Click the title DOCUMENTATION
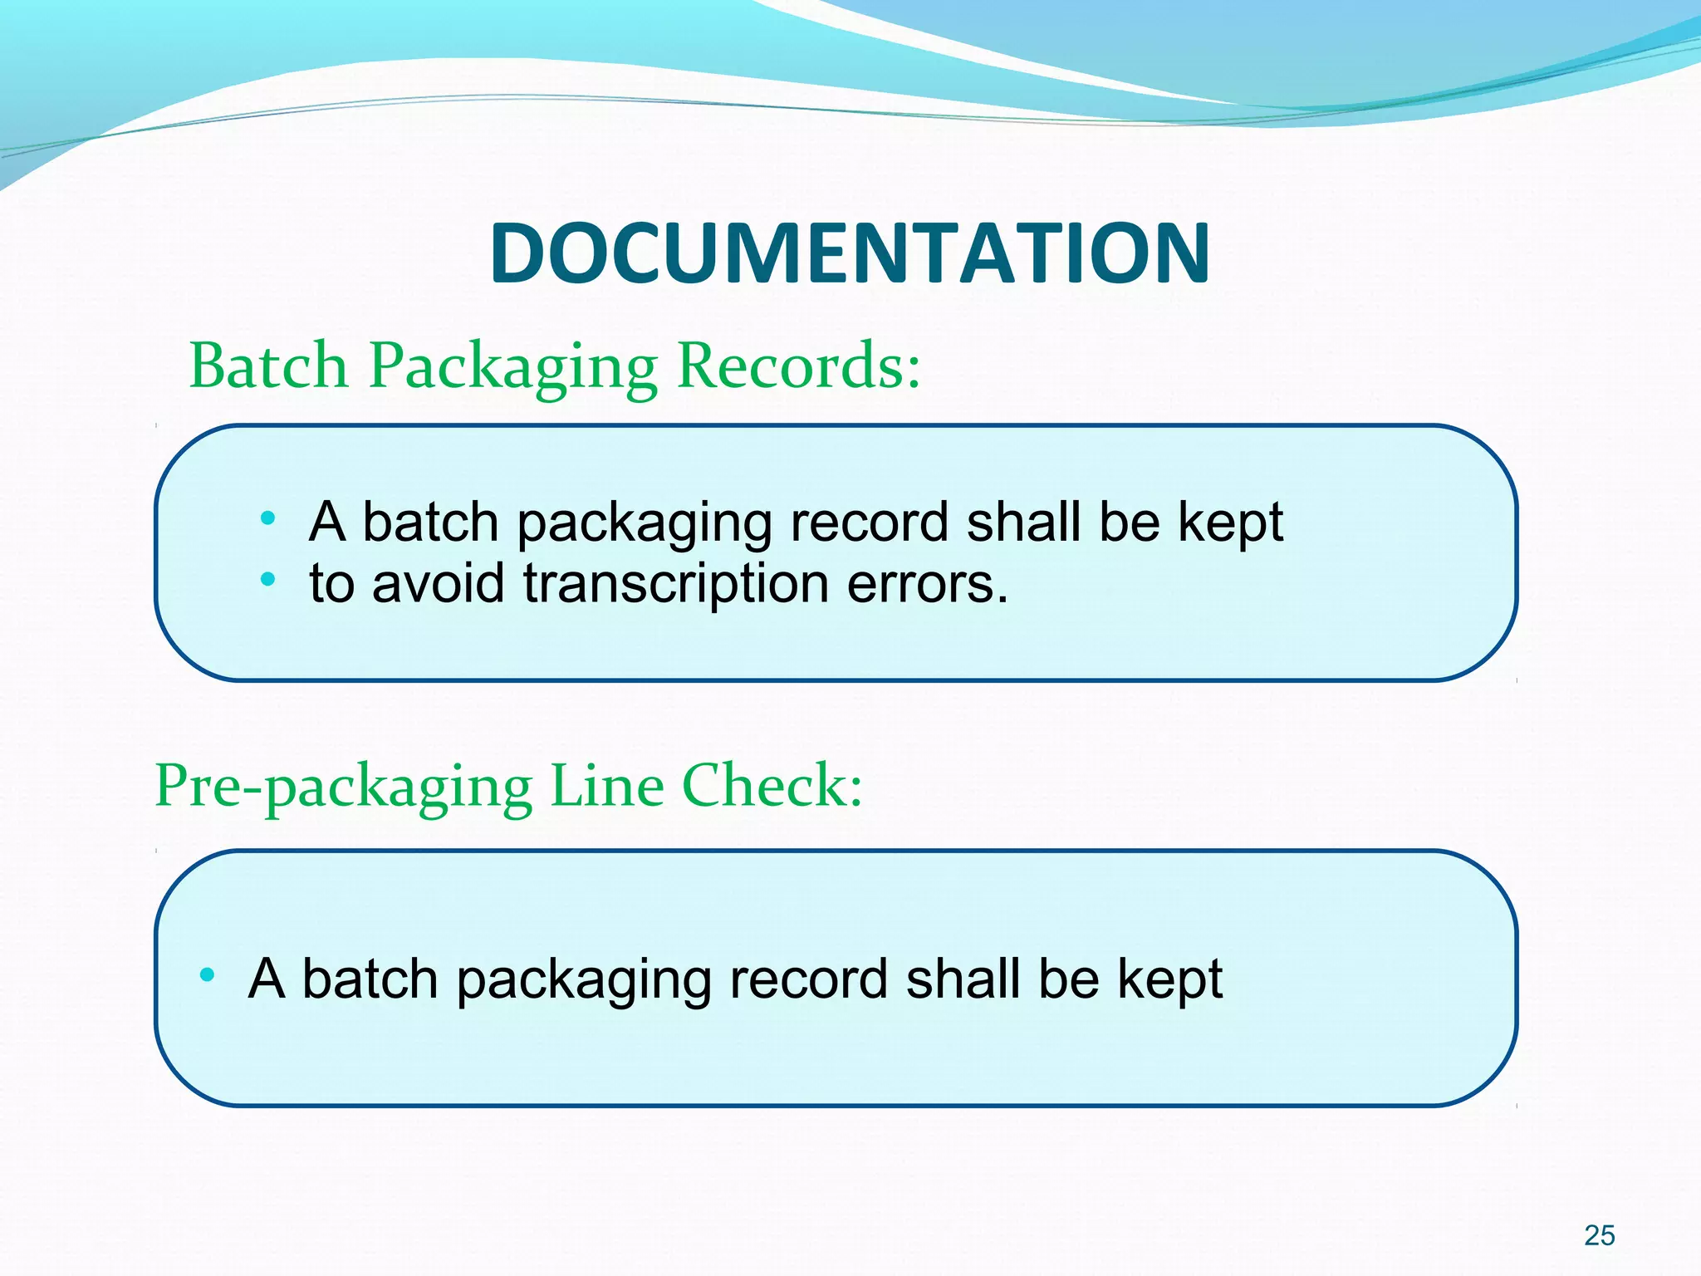coord(850,253)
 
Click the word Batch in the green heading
coord(268,366)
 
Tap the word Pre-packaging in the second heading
coord(343,787)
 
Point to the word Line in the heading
coord(607,785)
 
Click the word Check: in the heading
coord(772,785)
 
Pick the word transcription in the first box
coord(676,583)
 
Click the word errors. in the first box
coord(928,583)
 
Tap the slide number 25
coord(1599,1235)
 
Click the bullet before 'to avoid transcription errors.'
coord(267,579)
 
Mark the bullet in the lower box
coord(207,974)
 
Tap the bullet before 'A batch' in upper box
coord(267,519)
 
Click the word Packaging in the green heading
coord(512,367)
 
